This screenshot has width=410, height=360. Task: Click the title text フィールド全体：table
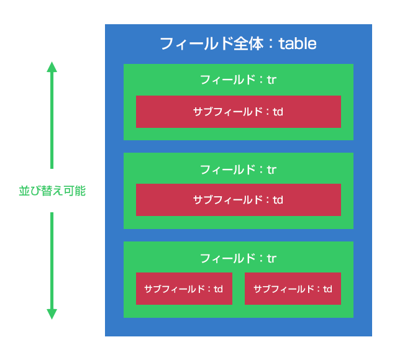[x=238, y=43]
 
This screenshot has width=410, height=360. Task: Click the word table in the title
[x=298, y=43]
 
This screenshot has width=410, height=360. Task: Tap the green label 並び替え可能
[x=52, y=191]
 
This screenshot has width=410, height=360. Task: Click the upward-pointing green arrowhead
[x=52, y=67]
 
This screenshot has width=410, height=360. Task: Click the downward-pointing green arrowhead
[x=52, y=314]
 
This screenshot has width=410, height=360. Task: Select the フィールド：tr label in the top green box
[x=238, y=79]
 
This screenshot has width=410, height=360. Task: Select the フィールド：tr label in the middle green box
[x=238, y=170]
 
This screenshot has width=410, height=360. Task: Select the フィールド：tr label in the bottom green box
[x=238, y=259]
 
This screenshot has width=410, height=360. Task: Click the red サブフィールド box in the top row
[x=239, y=112]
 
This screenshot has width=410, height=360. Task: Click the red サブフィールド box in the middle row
[x=239, y=200]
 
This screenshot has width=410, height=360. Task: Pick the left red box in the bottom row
[x=184, y=289]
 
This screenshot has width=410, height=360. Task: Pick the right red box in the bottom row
[x=293, y=289]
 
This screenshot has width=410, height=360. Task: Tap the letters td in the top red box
[x=278, y=112]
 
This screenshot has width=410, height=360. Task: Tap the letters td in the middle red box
[x=278, y=200]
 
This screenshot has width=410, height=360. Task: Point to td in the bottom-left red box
[x=218, y=289]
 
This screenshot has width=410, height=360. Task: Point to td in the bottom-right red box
[x=327, y=289]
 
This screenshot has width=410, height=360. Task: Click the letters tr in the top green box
[x=271, y=80]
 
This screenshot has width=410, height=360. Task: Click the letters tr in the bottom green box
[x=271, y=259]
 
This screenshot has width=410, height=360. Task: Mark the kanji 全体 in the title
[x=248, y=43]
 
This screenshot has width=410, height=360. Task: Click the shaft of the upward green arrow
[x=52, y=120]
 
